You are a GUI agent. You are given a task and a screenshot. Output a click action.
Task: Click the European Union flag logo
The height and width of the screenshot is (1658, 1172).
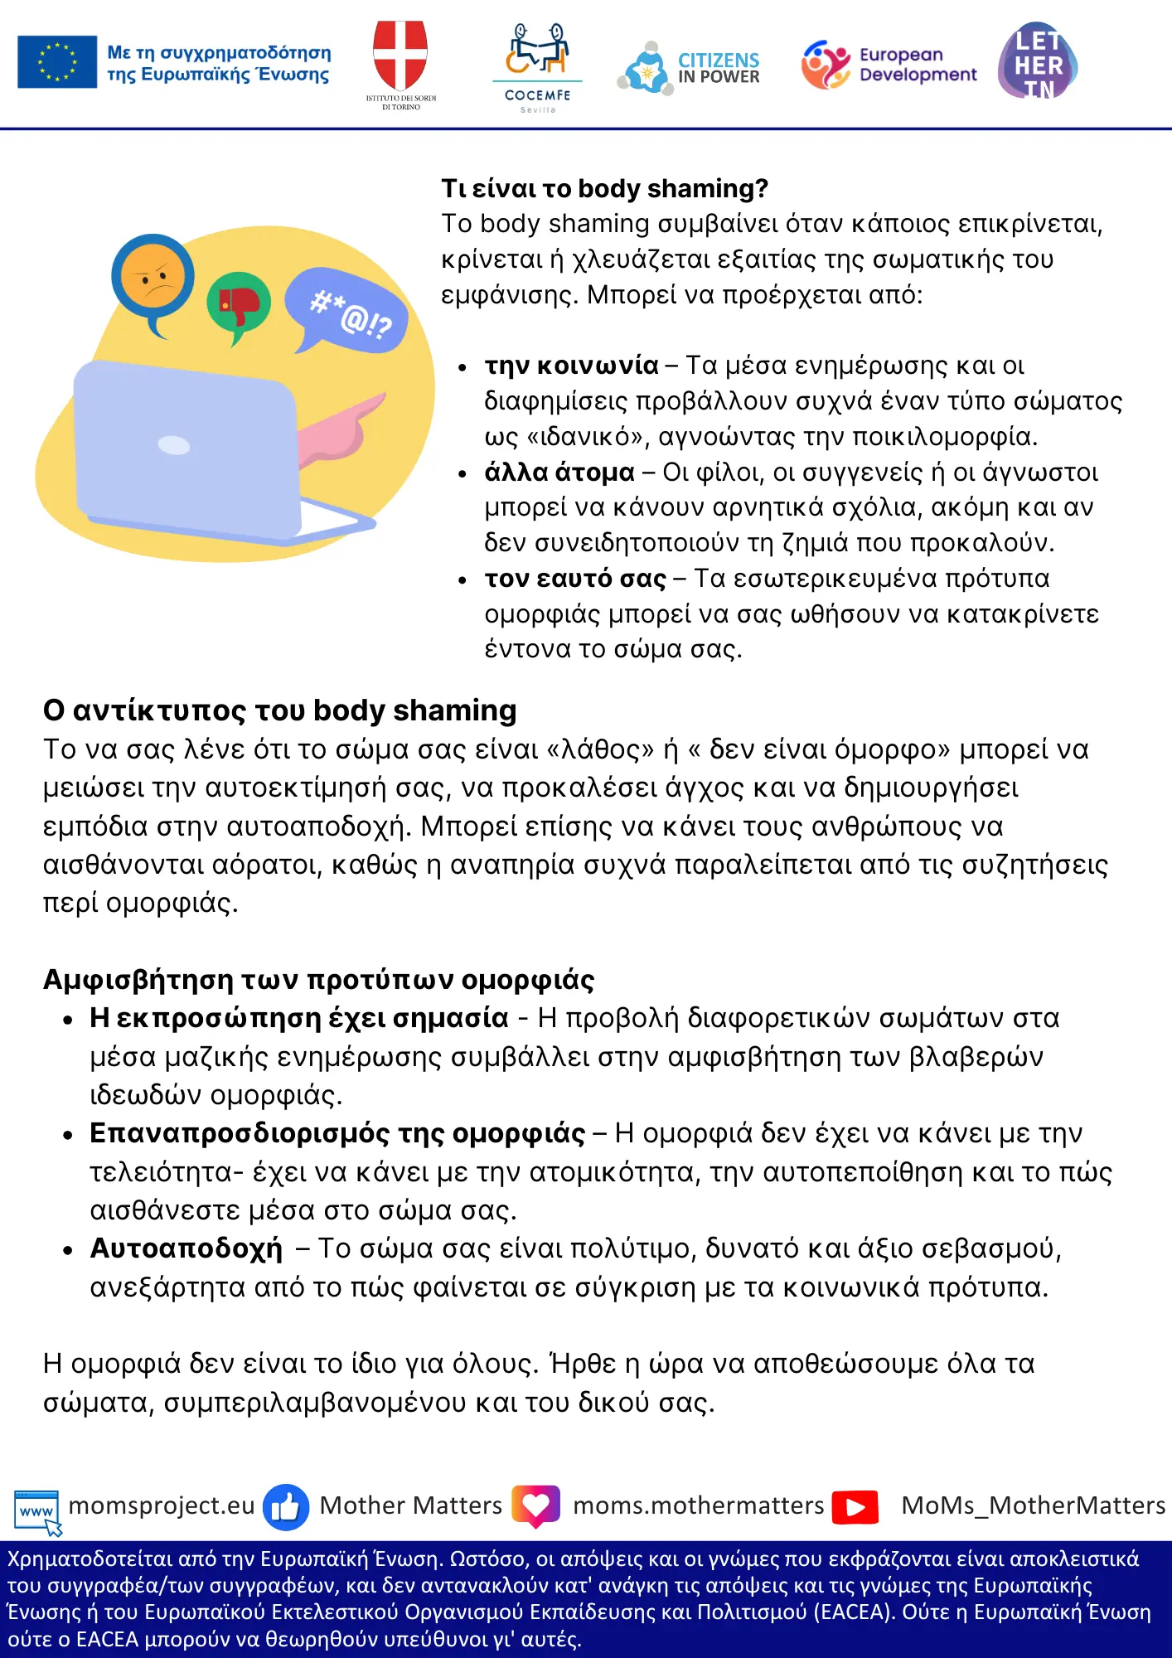57,62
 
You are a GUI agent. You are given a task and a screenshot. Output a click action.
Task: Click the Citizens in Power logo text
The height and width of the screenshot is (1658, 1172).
718,68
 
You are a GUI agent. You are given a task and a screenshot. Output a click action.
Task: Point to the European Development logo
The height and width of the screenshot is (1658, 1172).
889,65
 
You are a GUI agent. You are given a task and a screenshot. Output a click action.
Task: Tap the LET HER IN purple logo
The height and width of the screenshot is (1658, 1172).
1038,61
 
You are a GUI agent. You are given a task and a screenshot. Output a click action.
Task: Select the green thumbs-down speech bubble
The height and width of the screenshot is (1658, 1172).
239,303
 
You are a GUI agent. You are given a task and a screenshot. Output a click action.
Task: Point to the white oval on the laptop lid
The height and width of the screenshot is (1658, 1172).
174,445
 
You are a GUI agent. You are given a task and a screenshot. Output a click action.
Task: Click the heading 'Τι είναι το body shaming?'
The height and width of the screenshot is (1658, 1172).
604,189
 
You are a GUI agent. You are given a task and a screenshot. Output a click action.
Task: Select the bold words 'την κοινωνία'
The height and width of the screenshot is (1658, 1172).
571,366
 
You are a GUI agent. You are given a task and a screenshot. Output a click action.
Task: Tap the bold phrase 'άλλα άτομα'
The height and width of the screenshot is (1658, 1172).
559,473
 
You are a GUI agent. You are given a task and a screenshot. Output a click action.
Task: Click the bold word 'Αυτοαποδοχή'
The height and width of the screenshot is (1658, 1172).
186,1248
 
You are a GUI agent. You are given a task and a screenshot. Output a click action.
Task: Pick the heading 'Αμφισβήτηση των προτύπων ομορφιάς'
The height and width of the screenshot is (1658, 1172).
319,980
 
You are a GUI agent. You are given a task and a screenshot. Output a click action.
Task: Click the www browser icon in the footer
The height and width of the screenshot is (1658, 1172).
37,1510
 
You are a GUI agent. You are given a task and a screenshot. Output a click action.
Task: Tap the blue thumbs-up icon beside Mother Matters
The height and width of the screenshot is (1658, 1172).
286,1506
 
